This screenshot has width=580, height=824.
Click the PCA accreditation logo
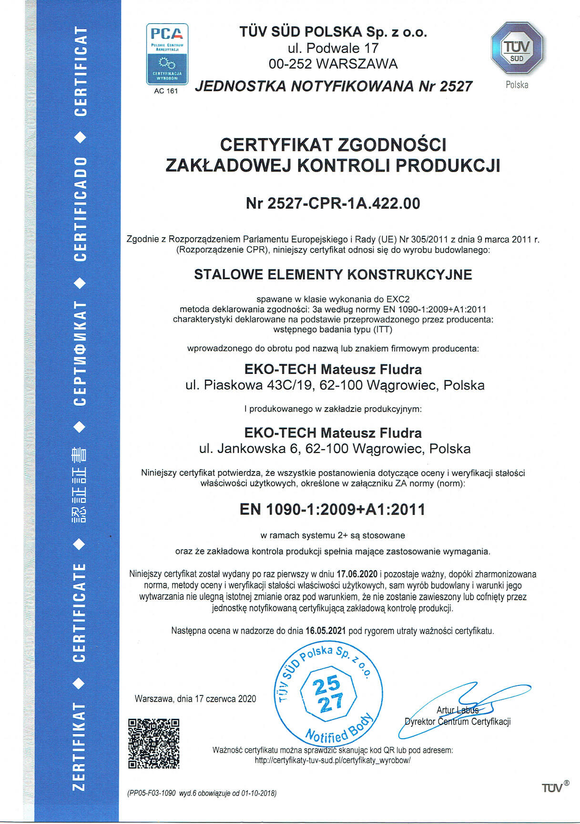(167, 53)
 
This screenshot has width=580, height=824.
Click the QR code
(154, 743)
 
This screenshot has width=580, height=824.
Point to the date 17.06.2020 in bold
(356, 574)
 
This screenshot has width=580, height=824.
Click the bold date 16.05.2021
(326, 631)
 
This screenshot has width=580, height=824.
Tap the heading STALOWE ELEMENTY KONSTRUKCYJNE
(333, 274)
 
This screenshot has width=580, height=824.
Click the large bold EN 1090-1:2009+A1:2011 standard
(332, 509)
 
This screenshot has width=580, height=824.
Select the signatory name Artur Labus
(457, 710)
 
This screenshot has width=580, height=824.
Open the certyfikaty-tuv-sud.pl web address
(332, 760)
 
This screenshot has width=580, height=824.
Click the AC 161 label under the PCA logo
(166, 91)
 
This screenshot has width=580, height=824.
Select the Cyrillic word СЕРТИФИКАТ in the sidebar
(80, 353)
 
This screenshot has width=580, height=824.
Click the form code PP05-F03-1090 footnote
(152, 794)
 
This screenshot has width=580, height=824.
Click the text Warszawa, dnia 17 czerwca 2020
(195, 699)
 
